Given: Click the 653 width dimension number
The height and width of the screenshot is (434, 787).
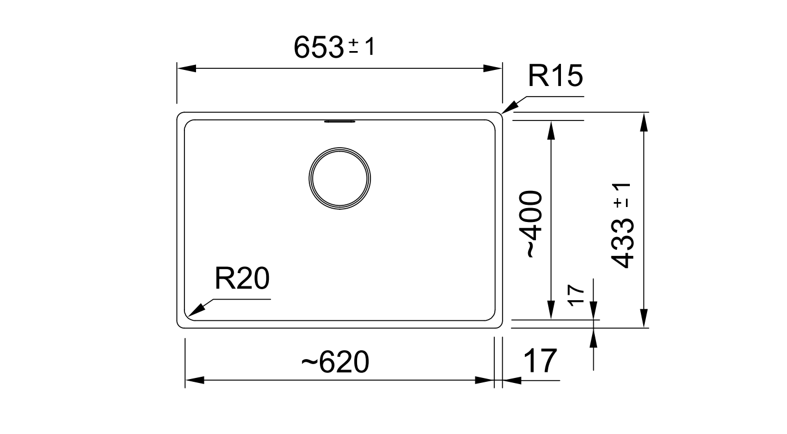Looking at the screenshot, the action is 318,47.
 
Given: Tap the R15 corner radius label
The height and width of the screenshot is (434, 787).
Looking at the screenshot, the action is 555,75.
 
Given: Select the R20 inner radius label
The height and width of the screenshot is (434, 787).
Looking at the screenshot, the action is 242,279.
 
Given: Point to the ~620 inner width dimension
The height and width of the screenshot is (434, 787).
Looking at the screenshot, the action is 335,362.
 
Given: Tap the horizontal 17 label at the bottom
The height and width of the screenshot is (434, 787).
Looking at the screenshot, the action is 540,361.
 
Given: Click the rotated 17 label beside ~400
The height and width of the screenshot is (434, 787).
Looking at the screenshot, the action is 576,295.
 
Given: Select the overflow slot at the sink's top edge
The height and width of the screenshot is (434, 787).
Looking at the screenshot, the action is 340,122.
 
